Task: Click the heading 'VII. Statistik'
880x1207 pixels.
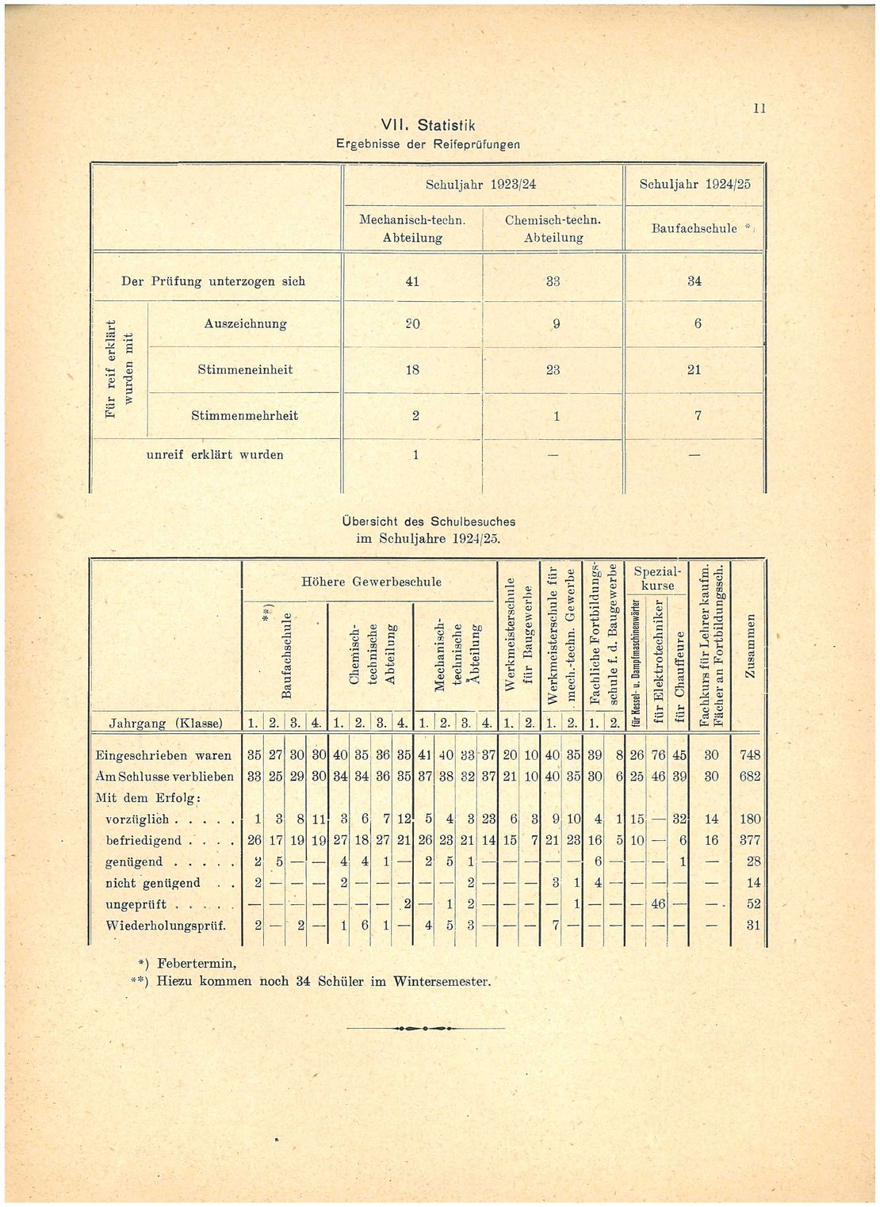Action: pos(427,126)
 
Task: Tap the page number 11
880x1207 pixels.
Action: pos(759,109)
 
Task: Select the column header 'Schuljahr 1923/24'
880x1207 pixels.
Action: pos(480,185)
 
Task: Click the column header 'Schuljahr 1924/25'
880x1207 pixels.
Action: pos(694,185)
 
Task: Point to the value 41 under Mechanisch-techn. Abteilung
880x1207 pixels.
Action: pos(411,281)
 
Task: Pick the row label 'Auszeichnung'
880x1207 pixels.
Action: pos(245,324)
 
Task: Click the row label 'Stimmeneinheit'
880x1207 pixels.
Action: pos(245,370)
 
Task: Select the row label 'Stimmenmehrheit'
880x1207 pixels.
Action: pos(244,416)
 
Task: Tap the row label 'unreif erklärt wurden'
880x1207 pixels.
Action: pos(215,455)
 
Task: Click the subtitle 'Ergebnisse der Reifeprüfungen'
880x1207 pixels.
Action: pos(428,144)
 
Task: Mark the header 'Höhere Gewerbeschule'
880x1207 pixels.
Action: pos(372,582)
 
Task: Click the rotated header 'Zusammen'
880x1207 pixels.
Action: pos(749,646)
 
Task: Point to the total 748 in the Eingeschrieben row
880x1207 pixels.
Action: pos(749,755)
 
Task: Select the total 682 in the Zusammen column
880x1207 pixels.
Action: pos(749,777)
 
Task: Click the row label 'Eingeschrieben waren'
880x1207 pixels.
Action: pos(163,755)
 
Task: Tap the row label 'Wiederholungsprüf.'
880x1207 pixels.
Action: pos(166,926)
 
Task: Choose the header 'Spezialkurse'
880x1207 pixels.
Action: pos(657,579)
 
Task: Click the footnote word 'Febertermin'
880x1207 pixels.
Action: pos(197,964)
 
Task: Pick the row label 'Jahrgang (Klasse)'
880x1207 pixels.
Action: pos(166,723)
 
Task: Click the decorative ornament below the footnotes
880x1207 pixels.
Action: pos(426,1028)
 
